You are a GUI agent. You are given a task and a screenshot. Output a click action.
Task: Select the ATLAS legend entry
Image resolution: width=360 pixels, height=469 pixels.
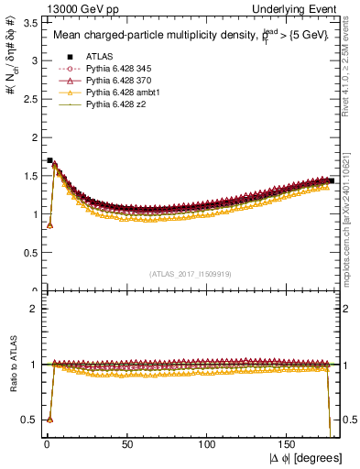pyautogui.click(x=96, y=57)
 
